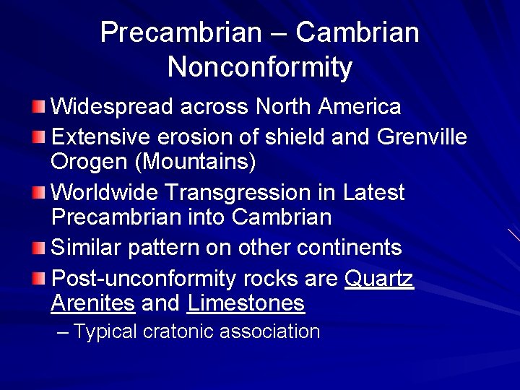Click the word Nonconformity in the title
pos(260,67)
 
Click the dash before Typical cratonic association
pos(63,332)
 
